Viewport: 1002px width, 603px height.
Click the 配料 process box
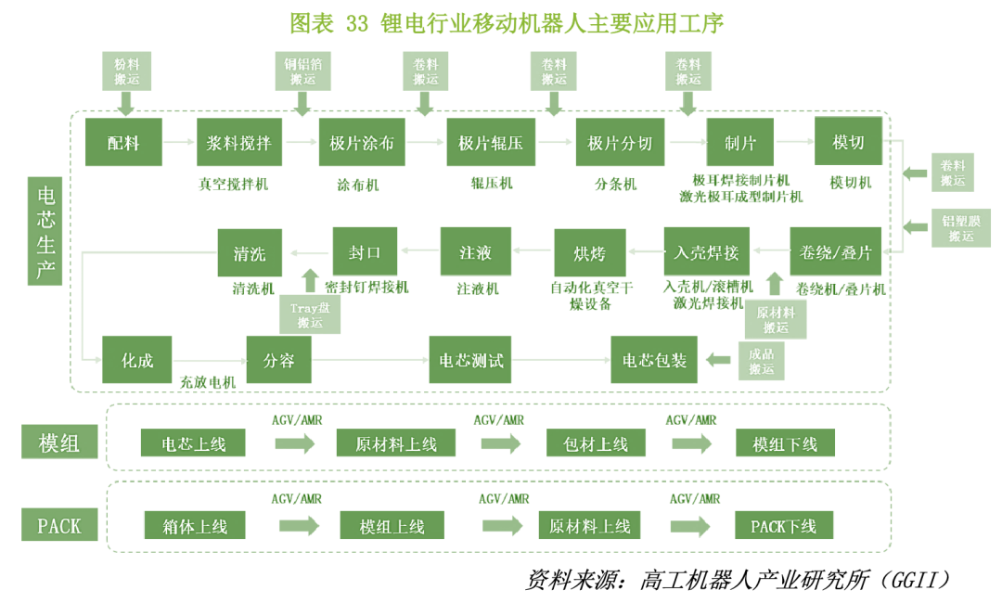tap(124, 143)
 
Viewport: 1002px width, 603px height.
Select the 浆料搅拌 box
tap(239, 143)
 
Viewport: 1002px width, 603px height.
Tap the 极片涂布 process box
tap(362, 143)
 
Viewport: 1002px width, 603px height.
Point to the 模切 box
tap(848, 143)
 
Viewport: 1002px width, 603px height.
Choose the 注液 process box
tap(474, 251)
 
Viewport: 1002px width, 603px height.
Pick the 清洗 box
tap(250, 251)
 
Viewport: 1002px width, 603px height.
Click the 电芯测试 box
tap(470, 359)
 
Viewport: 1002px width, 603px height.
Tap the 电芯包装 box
tap(655, 359)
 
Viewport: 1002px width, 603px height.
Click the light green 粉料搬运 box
tap(126, 71)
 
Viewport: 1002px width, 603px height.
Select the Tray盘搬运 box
tap(310, 314)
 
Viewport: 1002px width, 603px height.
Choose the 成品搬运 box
tap(761, 360)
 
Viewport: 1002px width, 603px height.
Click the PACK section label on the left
tap(58, 526)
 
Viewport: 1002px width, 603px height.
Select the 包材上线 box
tap(596, 443)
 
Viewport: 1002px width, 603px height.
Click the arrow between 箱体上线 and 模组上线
tap(299, 526)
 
